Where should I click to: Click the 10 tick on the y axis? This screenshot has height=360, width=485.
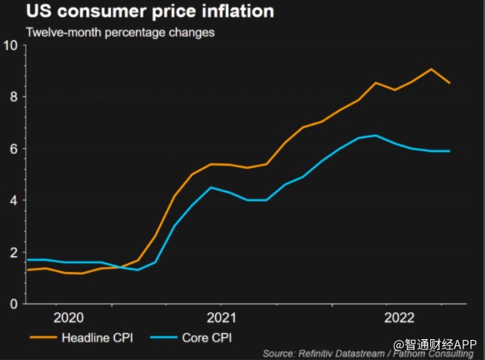pyautogui.click(x=10, y=45)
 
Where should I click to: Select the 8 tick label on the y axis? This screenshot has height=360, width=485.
pyautogui.click(x=13, y=96)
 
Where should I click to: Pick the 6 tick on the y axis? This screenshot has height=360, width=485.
pyautogui.click(x=13, y=149)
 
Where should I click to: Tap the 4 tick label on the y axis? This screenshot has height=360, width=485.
pyautogui.click(x=13, y=200)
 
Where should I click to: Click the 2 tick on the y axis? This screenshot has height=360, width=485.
pyautogui.click(x=13, y=252)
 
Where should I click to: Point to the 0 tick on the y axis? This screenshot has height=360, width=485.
pyautogui.click(x=13, y=304)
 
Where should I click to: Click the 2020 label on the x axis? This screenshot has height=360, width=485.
pyautogui.click(x=68, y=318)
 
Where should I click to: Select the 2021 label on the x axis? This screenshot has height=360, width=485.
pyautogui.click(x=222, y=318)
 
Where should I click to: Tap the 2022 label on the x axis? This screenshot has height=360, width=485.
pyautogui.click(x=400, y=318)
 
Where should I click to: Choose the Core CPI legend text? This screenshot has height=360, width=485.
pyautogui.click(x=208, y=338)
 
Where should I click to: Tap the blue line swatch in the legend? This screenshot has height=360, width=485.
pyautogui.click(x=163, y=338)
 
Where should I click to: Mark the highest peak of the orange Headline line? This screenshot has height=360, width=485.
pyautogui.click(x=431, y=69)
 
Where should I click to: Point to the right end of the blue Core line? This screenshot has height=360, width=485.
pyautogui.click(x=450, y=151)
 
